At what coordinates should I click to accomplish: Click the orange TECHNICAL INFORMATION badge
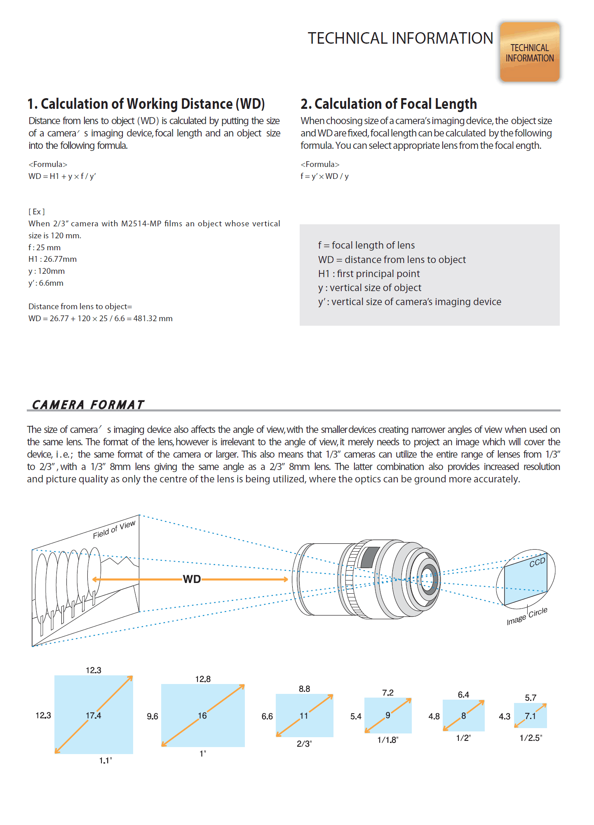(x=530, y=52)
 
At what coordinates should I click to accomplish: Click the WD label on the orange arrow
(x=192, y=579)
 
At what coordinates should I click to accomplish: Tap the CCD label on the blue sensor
(x=537, y=562)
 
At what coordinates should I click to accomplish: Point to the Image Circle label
(x=527, y=616)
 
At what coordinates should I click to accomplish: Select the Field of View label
(x=114, y=529)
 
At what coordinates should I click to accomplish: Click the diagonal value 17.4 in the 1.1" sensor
(x=93, y=716)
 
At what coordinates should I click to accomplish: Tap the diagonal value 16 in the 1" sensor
(x=202, y=716)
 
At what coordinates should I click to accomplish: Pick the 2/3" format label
(x=304, y=744)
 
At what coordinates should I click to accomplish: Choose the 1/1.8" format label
(x=388, y=740)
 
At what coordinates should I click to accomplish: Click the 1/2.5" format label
(x=531, y=738)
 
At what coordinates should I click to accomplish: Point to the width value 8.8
(x=304, y=689)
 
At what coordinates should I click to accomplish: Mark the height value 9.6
(x=153, y=717)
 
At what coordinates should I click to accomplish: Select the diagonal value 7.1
(x=530, y=716)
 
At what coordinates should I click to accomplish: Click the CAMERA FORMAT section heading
(x=88, y=405)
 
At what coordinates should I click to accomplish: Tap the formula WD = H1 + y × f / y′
(x=62, y=176)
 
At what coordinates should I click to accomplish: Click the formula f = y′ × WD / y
(x=324, y=176)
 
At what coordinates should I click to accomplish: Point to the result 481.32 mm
(x=153, y=319)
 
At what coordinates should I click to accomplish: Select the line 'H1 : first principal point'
(x=369, y=274)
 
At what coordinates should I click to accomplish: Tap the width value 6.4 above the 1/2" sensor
(x=463, y=695)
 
